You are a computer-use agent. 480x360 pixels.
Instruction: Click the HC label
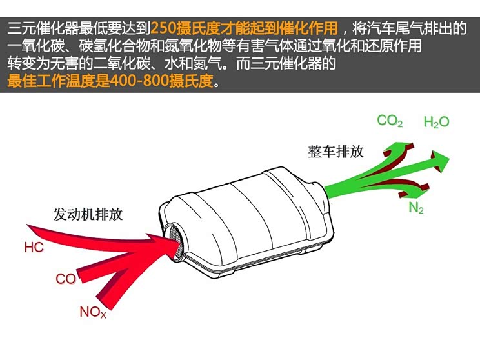pyautogui.click(x=34, y=247)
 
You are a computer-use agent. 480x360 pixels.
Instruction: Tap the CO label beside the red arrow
pyautogui.click(x=65, y=279)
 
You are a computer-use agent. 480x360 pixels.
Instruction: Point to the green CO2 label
pyautogui.click(x=390, y=121)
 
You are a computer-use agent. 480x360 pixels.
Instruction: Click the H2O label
pyautogui.click(x=436, y=122)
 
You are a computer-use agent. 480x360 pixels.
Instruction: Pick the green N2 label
pyautogui.click(x=416, y=208)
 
